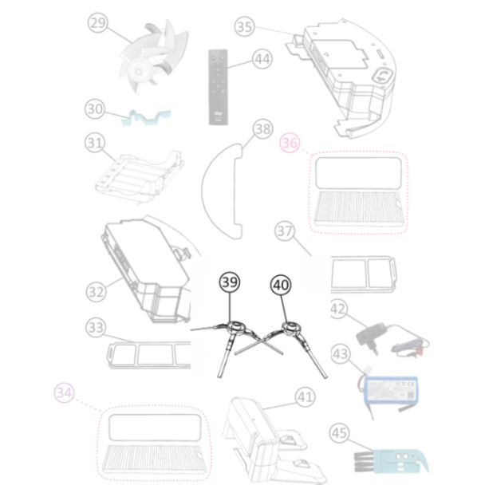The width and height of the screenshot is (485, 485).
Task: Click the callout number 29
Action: [x=97, y=25]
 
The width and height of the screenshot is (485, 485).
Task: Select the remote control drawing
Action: [x=216, y=87]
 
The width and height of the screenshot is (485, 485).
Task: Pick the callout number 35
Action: [x=245, y=26]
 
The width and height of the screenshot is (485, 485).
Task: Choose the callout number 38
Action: [x=263, y=128]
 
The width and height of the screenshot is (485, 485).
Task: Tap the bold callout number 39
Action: [x=229, y=283]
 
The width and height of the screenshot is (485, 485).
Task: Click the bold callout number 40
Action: [x=281, y=283]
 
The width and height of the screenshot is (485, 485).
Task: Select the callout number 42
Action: [x=338, y=309]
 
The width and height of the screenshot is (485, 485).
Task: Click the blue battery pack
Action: [x=390, y=390]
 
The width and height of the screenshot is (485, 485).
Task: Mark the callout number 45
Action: [x=339, y=433]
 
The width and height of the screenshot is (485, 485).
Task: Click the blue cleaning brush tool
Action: [x=388, y=459]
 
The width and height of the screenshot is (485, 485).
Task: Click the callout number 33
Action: [x=97, y=327]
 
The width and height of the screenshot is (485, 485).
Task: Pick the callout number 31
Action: [x=95, y=144]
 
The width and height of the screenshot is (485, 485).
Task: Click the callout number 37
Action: [x=285, y=231]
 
